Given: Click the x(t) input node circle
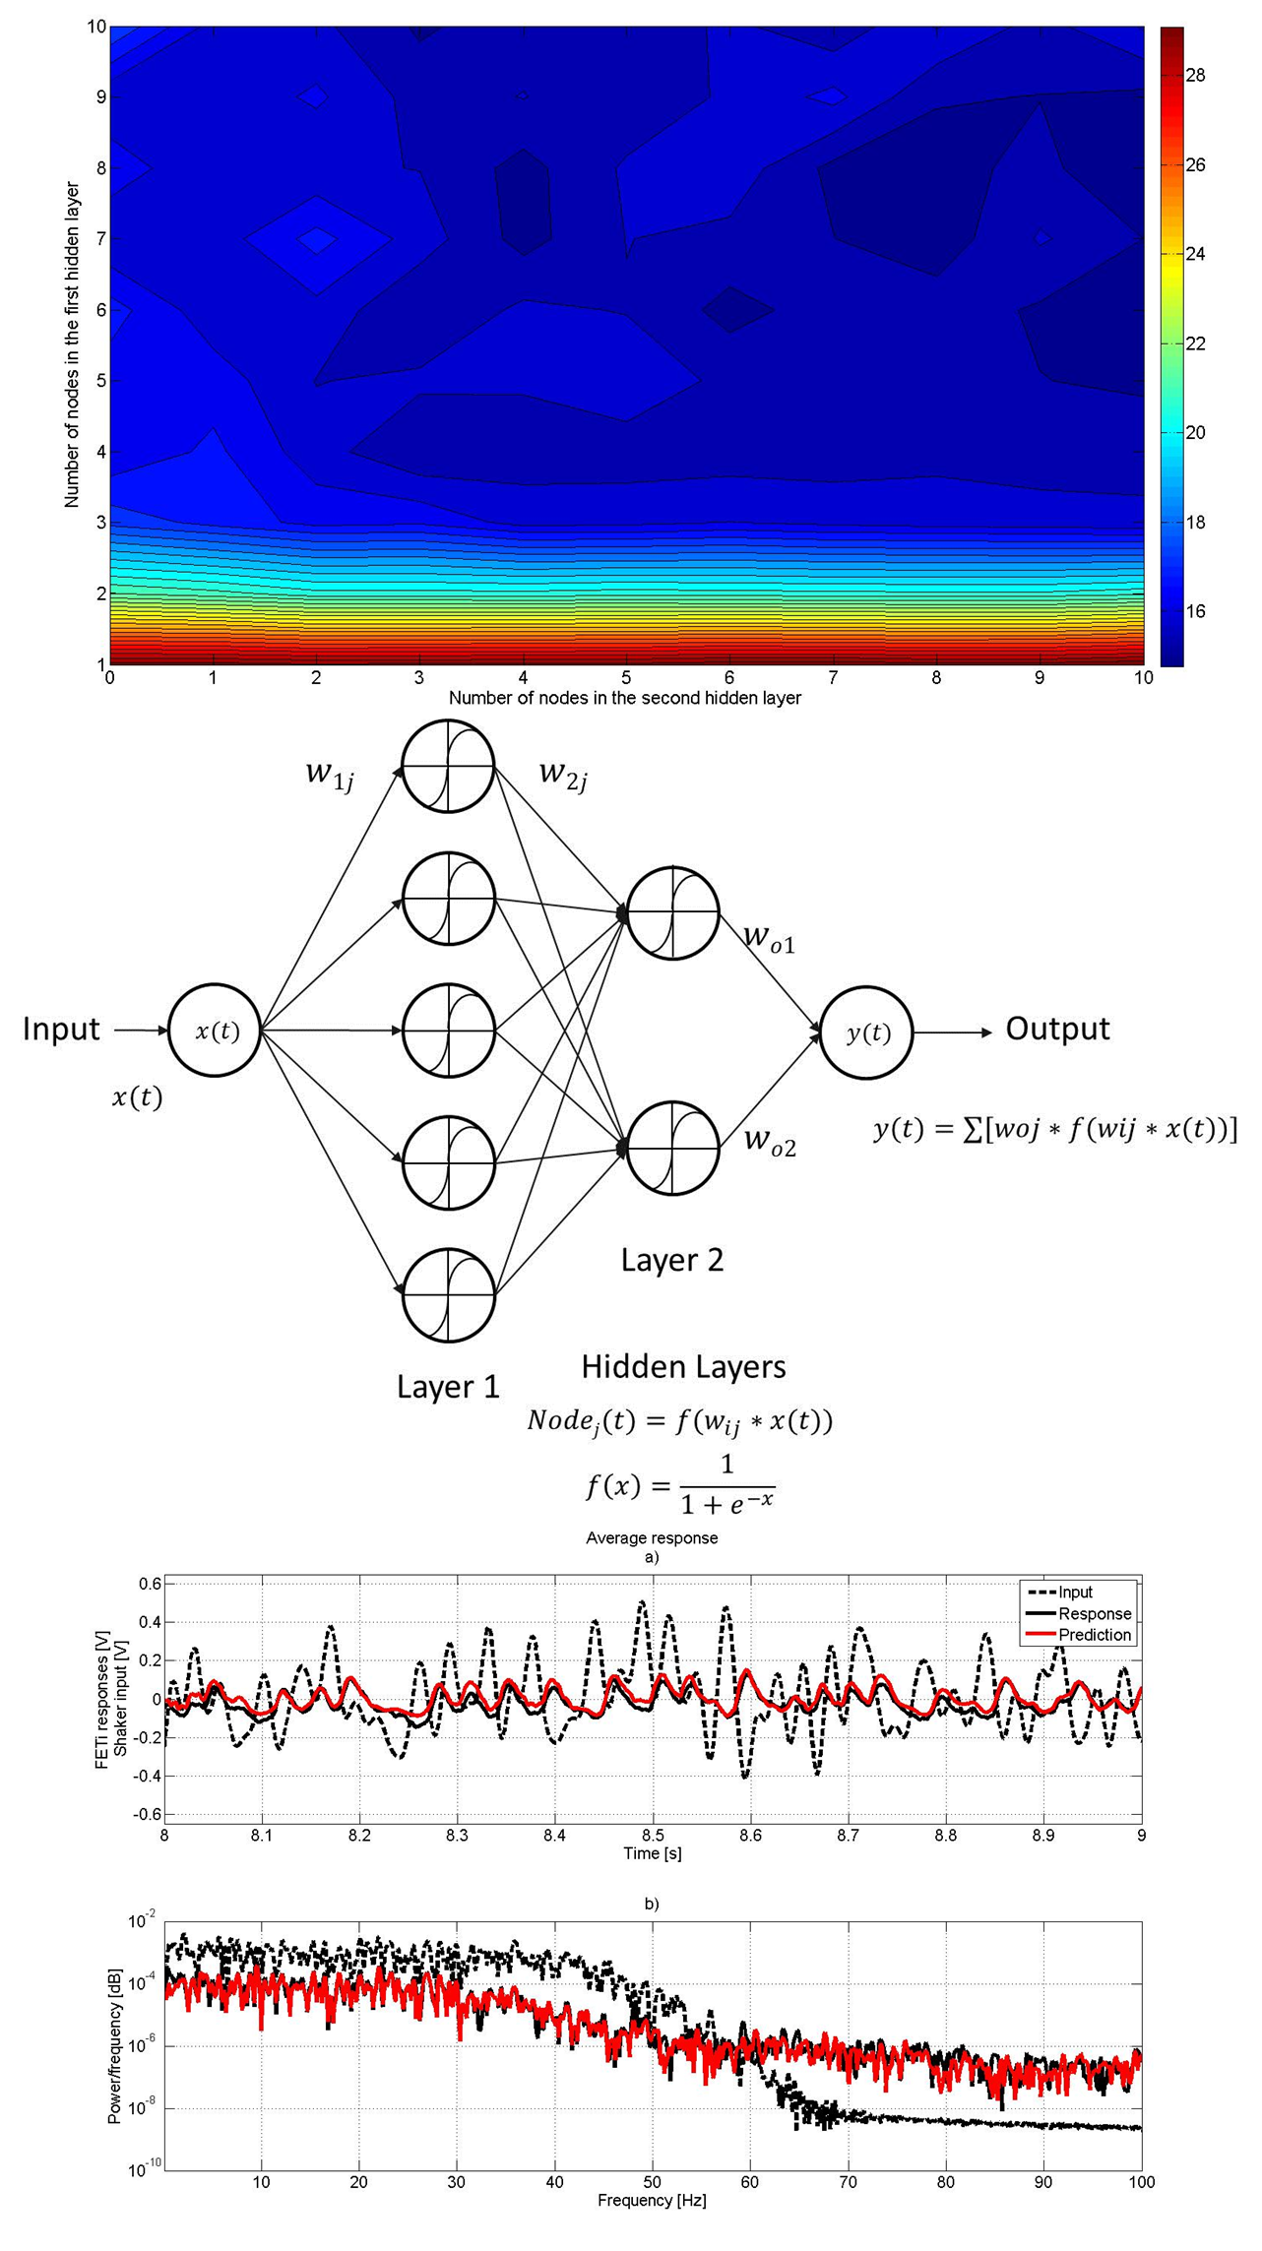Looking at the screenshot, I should [215, 1030].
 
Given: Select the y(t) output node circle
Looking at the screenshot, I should [866, 1032].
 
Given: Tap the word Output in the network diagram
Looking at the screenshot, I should [1056, 1029].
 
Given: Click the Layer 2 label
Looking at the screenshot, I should [671, 1260].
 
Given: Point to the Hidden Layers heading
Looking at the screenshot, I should [683, 1366].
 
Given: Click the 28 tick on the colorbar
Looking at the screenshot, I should [1194, 76].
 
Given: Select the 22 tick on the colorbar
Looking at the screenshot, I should [1194, 344].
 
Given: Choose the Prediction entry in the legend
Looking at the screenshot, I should [1094, 1635].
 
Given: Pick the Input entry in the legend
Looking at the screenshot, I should [1075, 1592].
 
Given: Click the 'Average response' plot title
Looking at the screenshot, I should [652, 1537].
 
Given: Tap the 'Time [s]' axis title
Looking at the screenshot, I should [652, 1853].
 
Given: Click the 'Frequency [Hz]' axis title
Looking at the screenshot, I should [652, 2200].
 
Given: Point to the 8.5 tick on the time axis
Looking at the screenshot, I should [653, 1835].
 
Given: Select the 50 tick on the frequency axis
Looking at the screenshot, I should [652, 2181].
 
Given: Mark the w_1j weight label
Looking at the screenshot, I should [330, 775].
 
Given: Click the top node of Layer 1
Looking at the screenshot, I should [448, 766].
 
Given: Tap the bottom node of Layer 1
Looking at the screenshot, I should [448, 1294].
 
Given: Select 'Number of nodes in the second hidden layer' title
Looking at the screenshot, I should [624, 698].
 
